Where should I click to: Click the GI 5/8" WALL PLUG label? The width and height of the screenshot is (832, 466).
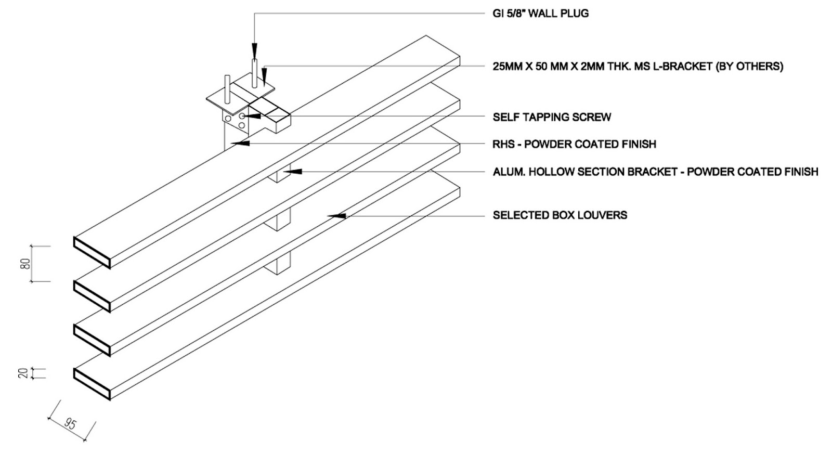coord(540,14)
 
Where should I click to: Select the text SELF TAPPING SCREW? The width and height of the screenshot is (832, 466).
coord(552,117)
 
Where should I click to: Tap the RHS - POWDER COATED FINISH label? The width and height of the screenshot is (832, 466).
coord(574,144)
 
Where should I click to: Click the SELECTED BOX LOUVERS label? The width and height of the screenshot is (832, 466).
coord(560,215)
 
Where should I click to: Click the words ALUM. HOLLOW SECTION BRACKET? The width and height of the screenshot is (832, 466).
coord(584,172)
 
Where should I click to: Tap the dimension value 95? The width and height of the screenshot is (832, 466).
coord(70,424)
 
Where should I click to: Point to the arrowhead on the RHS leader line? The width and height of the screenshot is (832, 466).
coord(240,143)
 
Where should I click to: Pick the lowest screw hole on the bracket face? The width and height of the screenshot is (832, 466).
coord(241,126)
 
